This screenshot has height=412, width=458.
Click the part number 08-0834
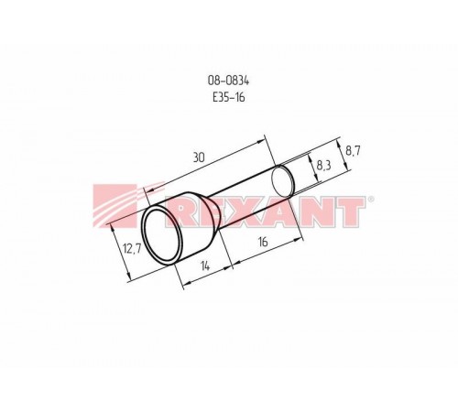(229, 81)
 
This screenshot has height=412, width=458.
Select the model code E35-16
(229, 97)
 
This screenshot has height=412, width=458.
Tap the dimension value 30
(199, 157)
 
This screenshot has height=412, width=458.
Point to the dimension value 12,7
(132, 249)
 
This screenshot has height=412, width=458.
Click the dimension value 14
(206, 266)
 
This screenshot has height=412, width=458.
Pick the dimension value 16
(263, 242)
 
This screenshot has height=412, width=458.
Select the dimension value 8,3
(323, 166)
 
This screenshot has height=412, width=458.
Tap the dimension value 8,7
(353, 151)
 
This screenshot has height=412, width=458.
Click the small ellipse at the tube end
(282, 181)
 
